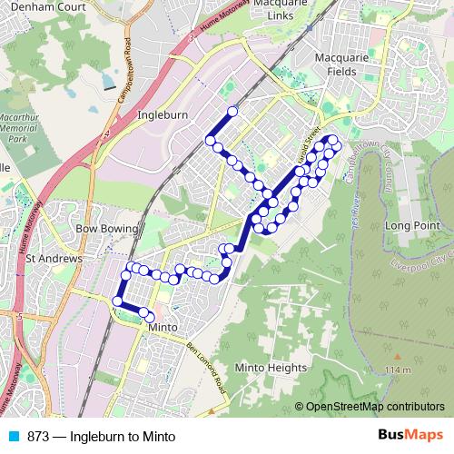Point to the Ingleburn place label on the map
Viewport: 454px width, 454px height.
pos(162,115)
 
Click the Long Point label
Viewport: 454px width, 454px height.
pos(411,224)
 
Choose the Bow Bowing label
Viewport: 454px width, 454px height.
pos(107,228)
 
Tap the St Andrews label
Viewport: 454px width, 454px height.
pos(54,258)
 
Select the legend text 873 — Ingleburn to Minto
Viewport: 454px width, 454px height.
pos(100,436)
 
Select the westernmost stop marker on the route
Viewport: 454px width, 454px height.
pos(116,301)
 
